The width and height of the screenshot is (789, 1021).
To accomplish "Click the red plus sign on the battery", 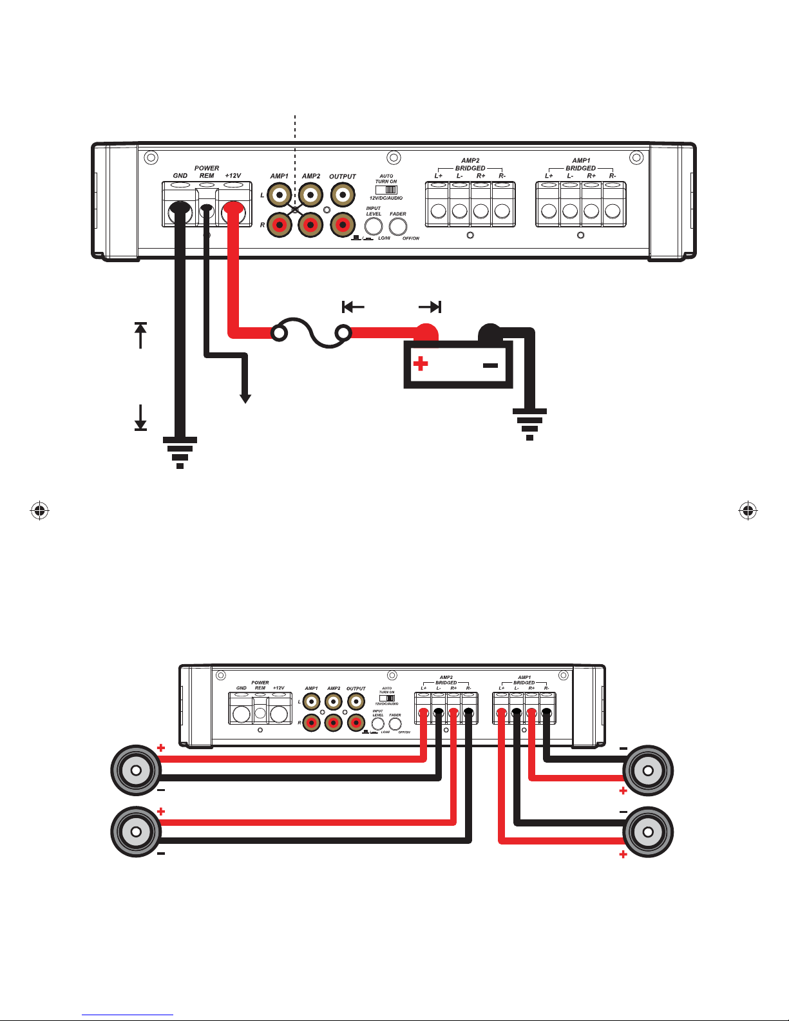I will point(421,364).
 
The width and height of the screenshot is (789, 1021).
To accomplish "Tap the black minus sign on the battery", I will point(490,365).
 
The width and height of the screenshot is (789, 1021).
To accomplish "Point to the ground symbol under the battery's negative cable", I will point(529,423).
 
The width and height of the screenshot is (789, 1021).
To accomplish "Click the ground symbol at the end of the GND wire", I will point(180,452).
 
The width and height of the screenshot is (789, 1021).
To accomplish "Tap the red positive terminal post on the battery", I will point(425,332).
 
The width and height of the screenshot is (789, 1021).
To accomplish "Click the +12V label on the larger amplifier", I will point(233,175).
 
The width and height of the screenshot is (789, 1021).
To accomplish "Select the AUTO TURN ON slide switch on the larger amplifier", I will point(386,190).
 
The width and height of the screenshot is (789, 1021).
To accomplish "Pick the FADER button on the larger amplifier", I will point(398,227).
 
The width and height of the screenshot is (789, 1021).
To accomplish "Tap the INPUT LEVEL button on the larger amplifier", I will point(374,227).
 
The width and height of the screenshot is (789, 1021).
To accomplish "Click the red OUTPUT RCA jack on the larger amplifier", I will point(343,225).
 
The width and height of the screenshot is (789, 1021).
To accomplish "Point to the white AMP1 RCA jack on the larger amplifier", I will point(280,194).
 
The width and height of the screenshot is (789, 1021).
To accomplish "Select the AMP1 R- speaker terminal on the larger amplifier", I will point(613,211).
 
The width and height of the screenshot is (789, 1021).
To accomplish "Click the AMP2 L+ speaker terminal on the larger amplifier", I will point(439,211).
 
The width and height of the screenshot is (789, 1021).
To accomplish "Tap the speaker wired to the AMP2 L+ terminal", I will point(136,770).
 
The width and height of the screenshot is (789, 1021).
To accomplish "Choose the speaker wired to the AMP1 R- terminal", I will point(648,770).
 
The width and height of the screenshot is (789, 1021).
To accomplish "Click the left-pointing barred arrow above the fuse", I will point(353,307).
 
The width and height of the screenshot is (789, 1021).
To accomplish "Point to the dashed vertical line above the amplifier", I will point(295,129).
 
